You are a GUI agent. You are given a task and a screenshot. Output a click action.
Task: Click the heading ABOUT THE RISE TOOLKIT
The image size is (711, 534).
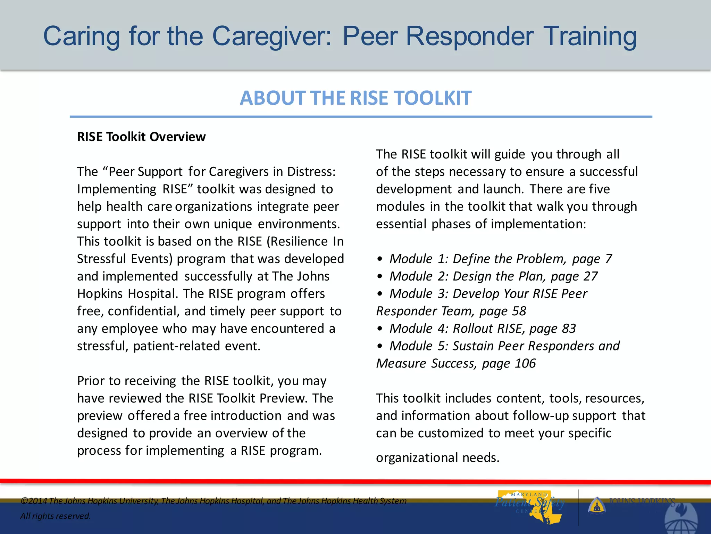(x=355, y=98)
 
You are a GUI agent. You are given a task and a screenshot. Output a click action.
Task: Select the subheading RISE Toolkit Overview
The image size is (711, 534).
(x=141, y=137)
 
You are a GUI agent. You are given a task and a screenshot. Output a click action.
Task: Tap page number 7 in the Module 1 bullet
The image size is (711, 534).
(x=608, y=259)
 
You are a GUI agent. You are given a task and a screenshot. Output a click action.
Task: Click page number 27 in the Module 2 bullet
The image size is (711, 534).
(x=591, y=276)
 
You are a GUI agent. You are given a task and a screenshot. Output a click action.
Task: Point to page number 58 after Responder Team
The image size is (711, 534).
(x=519, y=311)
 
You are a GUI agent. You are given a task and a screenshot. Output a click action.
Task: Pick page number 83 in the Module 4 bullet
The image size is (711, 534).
(x=569, y=329)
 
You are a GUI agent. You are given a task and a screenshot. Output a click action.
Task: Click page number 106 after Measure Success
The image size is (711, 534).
(x=525, y=364)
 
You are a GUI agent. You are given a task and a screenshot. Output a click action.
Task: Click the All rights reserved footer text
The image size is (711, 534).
(x=56, y=516)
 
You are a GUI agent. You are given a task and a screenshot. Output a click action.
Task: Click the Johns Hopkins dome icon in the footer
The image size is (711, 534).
(x=597, y=505)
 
